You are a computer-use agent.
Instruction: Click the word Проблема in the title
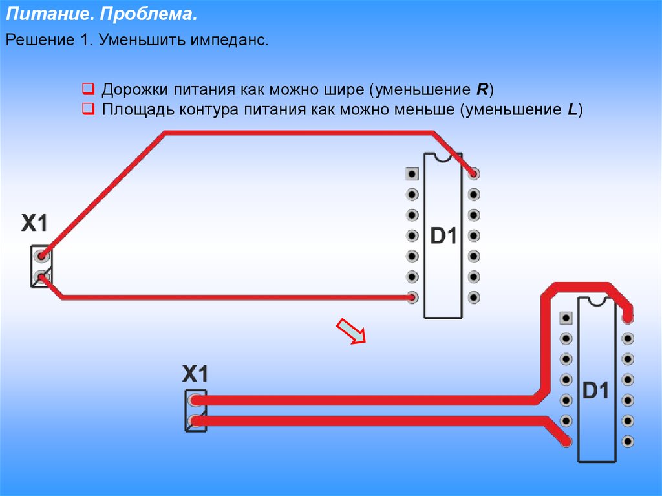point(149,14)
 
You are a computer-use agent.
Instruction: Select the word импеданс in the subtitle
point(229,41)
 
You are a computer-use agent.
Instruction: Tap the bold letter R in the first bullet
point(482,89)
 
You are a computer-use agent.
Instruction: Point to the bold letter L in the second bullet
point(572,109)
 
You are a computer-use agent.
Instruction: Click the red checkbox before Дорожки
point(88,89)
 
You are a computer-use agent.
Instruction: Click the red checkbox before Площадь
point(88,109)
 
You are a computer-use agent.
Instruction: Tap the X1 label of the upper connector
point(34,222)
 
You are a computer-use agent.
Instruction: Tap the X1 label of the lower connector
point(195,374)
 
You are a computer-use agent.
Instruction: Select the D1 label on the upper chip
point(443,235)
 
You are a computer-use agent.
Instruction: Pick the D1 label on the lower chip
point(595,390)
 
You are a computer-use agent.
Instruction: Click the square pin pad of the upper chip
point(412,174)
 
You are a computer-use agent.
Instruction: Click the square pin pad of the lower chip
point(565,318)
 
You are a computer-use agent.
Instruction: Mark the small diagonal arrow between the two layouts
point(351,331)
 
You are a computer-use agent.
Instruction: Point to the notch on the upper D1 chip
point(443,157)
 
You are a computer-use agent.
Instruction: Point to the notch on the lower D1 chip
point(597,301)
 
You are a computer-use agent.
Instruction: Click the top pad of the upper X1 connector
point(41,256)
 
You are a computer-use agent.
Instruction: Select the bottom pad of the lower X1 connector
point(195,421)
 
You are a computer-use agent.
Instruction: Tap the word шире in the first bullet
point(344,90)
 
